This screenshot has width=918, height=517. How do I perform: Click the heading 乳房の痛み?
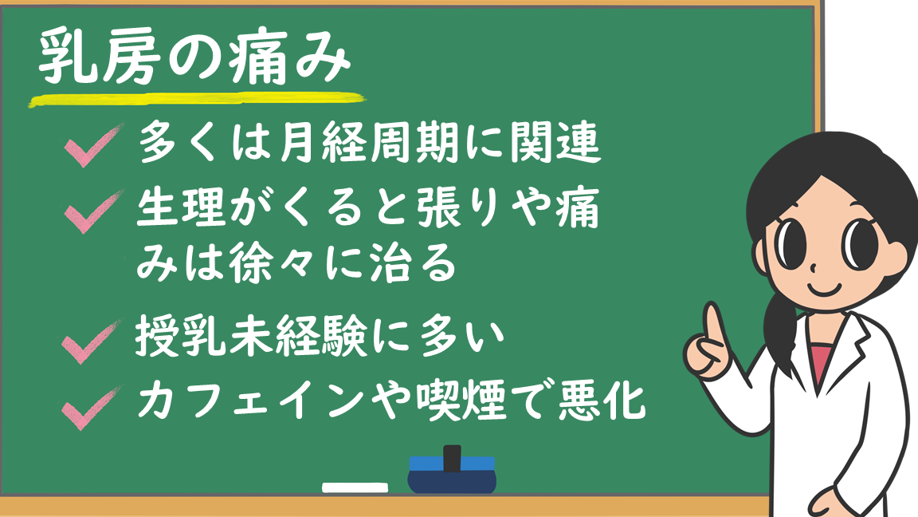(x=195, y=57)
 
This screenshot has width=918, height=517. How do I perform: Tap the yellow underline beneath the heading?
(x=198, y=100)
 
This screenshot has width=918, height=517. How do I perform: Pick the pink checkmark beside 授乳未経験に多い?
(x=92, y=341)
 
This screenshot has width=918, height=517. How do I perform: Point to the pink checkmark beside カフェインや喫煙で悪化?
(x=92, y=408)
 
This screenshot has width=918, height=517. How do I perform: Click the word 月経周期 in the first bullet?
(x=369, y=143)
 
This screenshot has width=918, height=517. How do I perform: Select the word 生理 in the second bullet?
(x=181, y=207)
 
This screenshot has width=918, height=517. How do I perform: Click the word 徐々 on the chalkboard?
(x=274, y=262)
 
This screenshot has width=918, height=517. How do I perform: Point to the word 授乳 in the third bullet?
(x=181, y=336)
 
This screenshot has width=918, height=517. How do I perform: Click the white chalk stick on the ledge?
(x=355, y=487)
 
